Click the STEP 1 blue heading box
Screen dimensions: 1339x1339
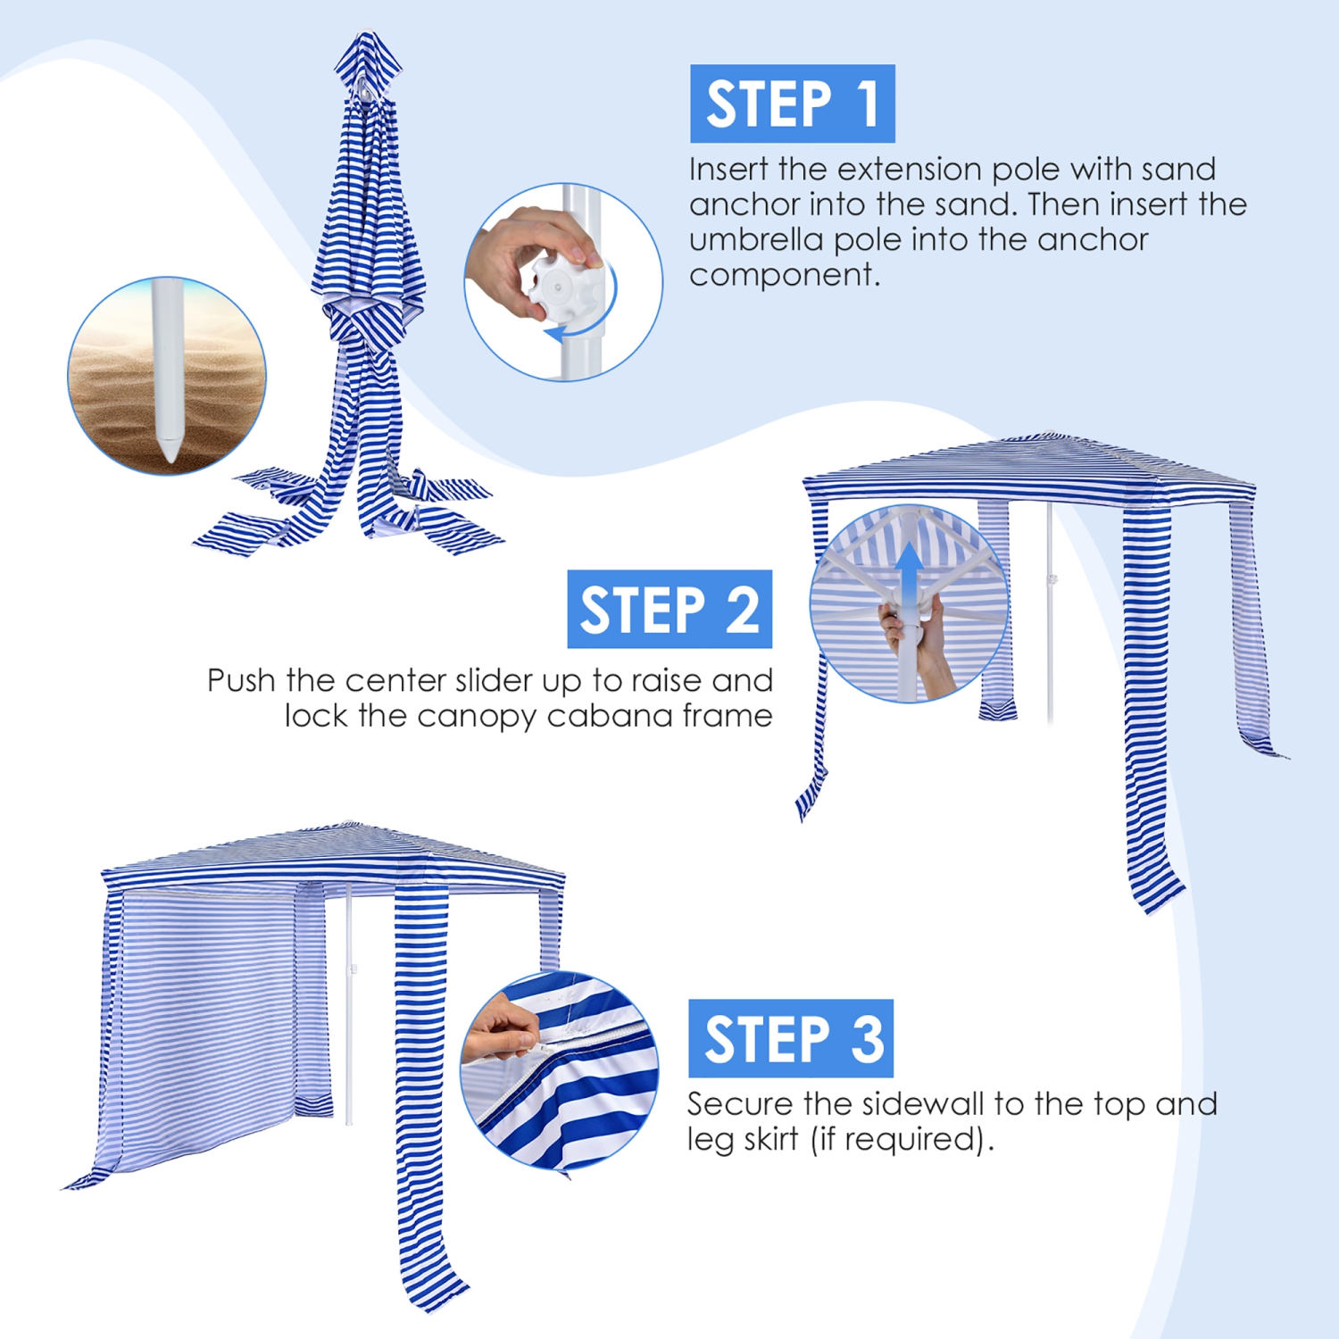coord(792,104)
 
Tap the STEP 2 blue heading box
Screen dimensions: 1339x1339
coord(669,610)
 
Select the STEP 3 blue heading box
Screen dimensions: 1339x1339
coord(790,1038)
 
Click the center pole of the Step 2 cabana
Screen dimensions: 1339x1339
coord(1050,625)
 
